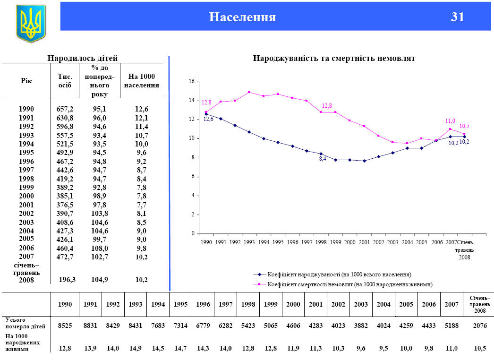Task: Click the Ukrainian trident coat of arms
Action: (31, 22)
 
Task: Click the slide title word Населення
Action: (242, 17)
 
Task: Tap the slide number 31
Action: (458, 17)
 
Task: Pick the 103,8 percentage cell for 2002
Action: (100, 213)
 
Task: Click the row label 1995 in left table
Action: (26, 152)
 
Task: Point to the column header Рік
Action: (26, 81)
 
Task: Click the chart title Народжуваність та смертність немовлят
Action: (334, 59)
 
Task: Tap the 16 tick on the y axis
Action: (191, 82)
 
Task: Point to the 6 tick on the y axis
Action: (192, 177)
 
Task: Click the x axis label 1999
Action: (335, 242)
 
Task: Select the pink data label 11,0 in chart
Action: (450, 121)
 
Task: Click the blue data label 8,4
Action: (323, 159)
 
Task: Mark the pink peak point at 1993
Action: (249, 92)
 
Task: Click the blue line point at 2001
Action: (364, 161)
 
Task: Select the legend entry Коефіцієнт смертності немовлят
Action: (349, 284)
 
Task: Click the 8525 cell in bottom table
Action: (65, 326)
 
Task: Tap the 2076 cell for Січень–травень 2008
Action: (480, 326)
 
